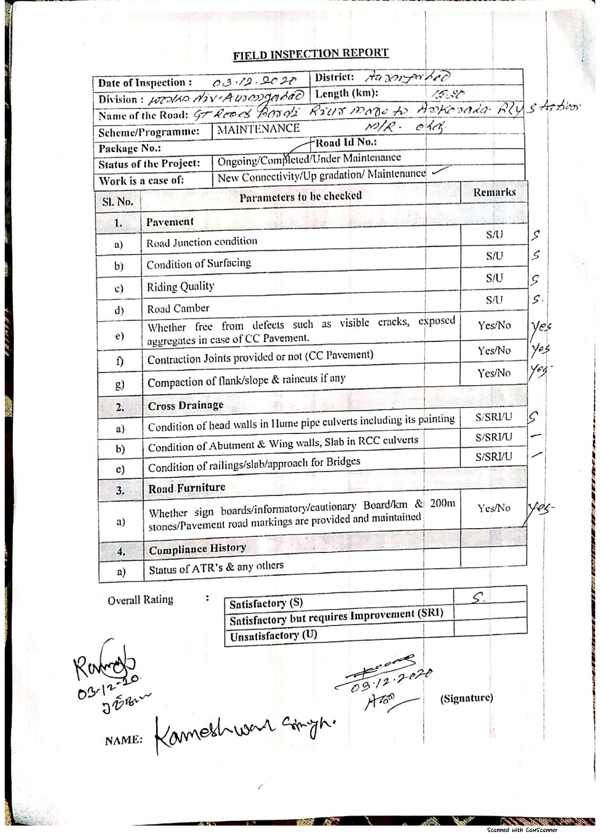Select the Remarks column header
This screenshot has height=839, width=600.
pos(494,192)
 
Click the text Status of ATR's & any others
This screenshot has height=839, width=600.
pos(216,568)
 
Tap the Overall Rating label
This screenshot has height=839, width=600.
pos(140,599)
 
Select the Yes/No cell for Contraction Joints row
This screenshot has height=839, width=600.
pos(494,350)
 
